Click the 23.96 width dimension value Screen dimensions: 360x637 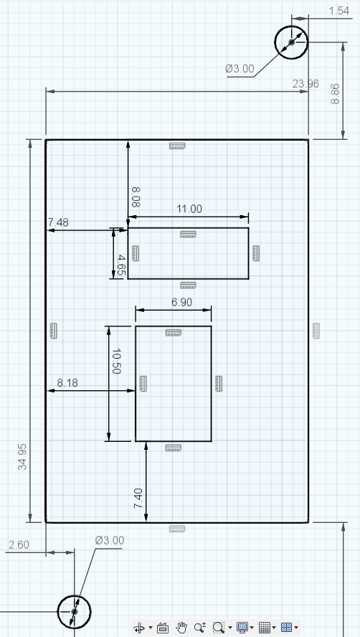tap(305, 84)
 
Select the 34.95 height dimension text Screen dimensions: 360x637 tap(23, 457)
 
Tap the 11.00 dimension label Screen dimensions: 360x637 tap(189, 209)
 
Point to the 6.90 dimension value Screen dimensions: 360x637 tap(181, 302)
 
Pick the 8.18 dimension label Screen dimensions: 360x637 tap(67, 382)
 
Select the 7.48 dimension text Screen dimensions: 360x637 tap(58, 222)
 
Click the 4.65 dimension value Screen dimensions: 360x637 tap(120, 265)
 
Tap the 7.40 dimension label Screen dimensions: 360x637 tap(138, 499)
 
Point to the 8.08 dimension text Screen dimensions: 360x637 tap(136, 197)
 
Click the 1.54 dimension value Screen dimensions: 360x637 tap(339, 11)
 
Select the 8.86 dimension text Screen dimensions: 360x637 tap(335, 94)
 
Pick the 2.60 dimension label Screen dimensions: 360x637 tap(19, 544)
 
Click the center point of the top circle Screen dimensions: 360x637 tap(291, 42)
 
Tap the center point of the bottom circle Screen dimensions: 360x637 tap(74, 611)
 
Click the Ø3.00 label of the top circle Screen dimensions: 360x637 tap(240, 69)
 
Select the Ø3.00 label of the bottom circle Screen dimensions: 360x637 tap(110, 540)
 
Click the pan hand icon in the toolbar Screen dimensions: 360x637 tap(181, 627)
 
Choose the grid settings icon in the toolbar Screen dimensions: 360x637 tap(265, 627)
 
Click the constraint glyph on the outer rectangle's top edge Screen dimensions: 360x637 tap(177, 146)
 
